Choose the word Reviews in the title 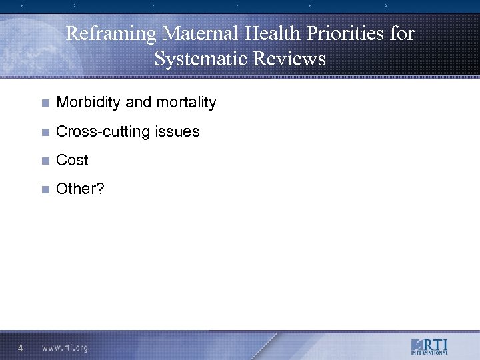(290, 59)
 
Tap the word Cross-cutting (103, 131)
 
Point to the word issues (177, 131)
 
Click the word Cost (72, 160)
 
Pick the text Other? (80, 189)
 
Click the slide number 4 (21, 348)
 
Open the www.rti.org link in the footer (65, 348)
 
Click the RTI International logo (429, 347)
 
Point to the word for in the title (401, 33)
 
